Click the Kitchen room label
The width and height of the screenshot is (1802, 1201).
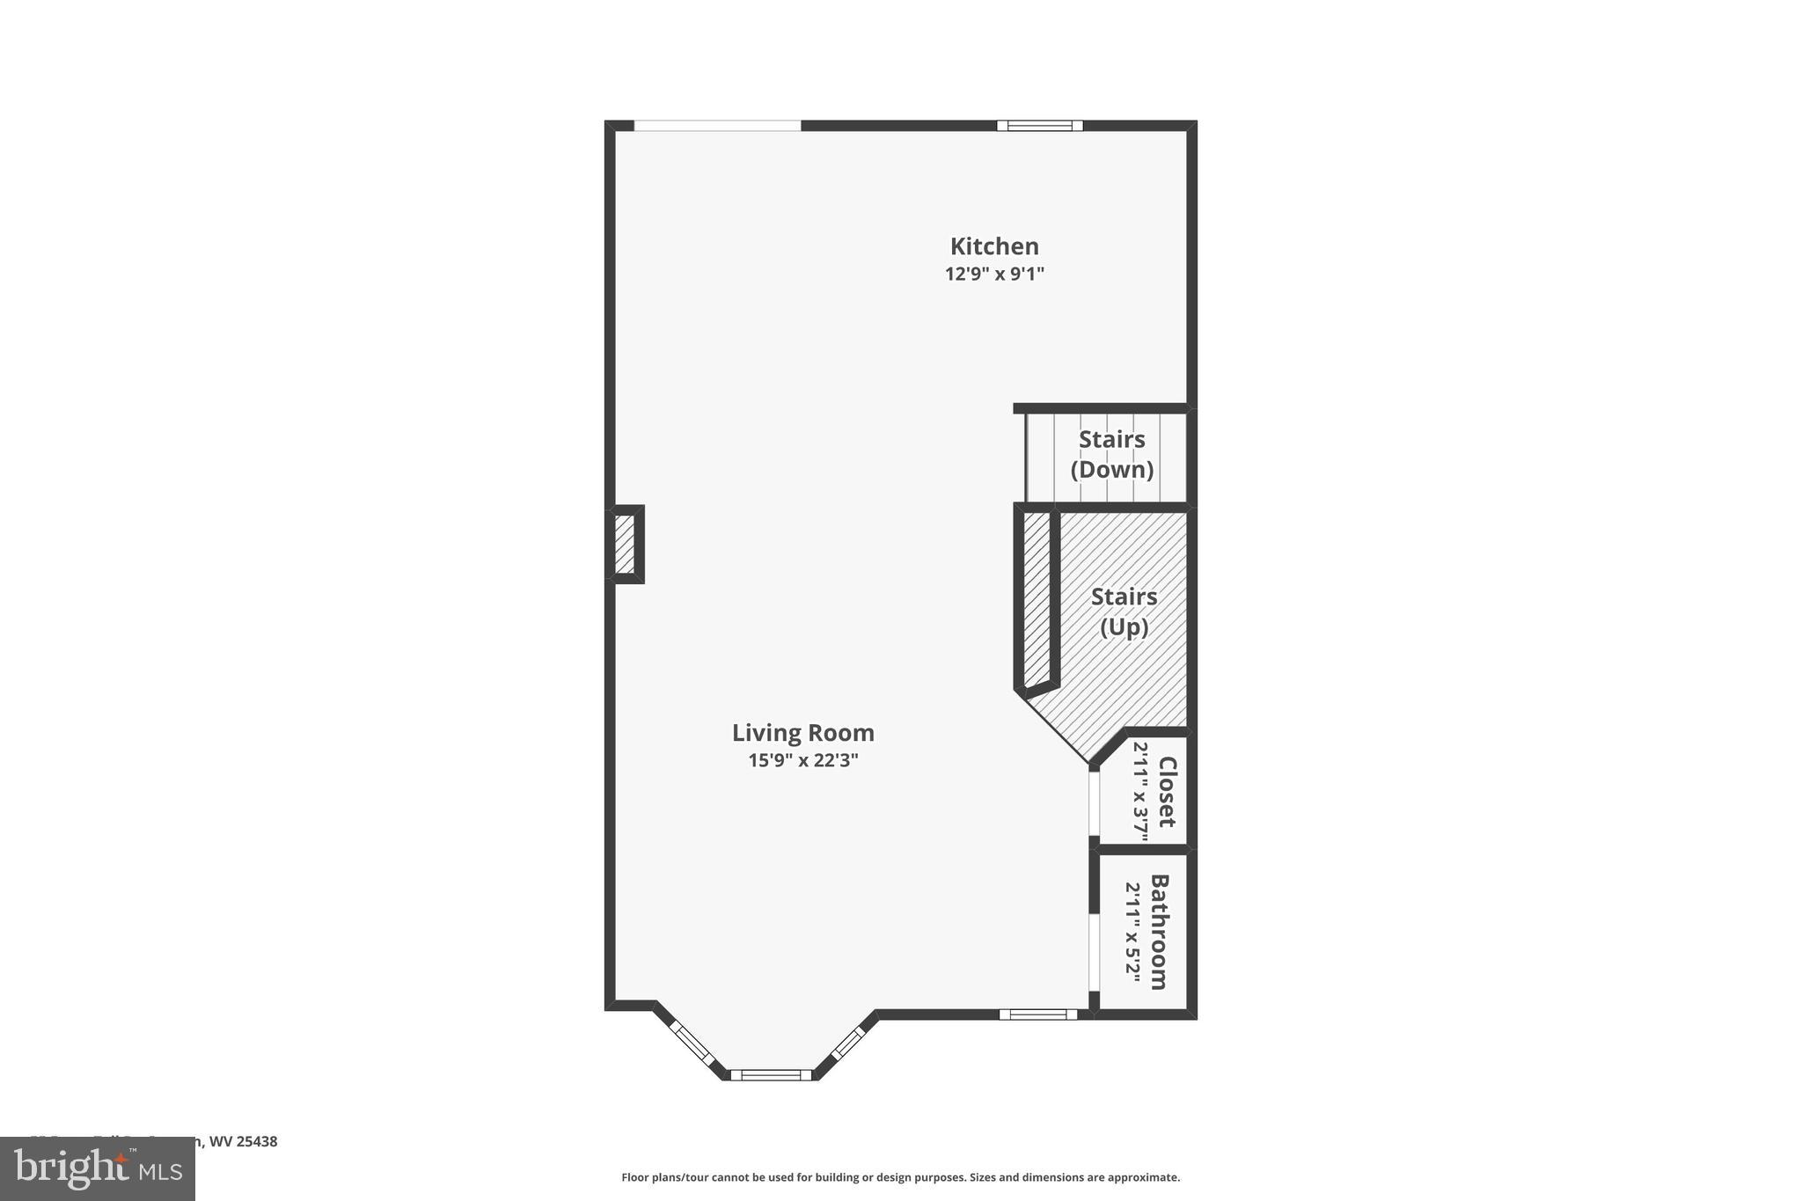click(x=994, y=246)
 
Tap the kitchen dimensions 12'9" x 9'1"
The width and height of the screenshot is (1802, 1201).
click(x=994, y=274)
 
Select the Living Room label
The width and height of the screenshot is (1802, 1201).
click(x=802, y=733)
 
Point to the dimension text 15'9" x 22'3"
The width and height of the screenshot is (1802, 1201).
click(x=802, y=760)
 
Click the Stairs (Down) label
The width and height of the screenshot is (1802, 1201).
click(x=1111, y=454)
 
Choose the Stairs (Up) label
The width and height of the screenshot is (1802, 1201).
click(x=1124, y=611)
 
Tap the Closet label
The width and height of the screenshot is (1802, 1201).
click(x=1167, y=792)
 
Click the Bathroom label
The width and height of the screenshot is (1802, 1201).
click(x=1160, y=932)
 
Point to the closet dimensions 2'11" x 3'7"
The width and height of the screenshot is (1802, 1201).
click(x=1140, y=792)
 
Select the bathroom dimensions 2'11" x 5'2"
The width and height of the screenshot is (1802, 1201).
click(x=1133, y=933)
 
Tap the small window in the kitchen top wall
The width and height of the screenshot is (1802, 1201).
click(x=1039, y=126)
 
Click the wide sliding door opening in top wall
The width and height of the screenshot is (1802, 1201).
click(x=717, y=126)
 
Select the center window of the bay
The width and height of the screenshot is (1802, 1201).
click(x=771, y=1074)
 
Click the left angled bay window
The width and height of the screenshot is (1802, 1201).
click(x=692, y=1044)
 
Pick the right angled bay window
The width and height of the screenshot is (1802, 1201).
click(x=848, y=1043)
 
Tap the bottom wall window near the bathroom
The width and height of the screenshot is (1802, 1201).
click(x=1037, y=1014)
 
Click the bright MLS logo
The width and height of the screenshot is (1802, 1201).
click(x=98, y=1168)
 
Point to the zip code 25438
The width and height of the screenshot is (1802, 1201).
click(x=257, y=1142)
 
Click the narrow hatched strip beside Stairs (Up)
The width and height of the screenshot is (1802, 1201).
click(x=1037, y=598)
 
